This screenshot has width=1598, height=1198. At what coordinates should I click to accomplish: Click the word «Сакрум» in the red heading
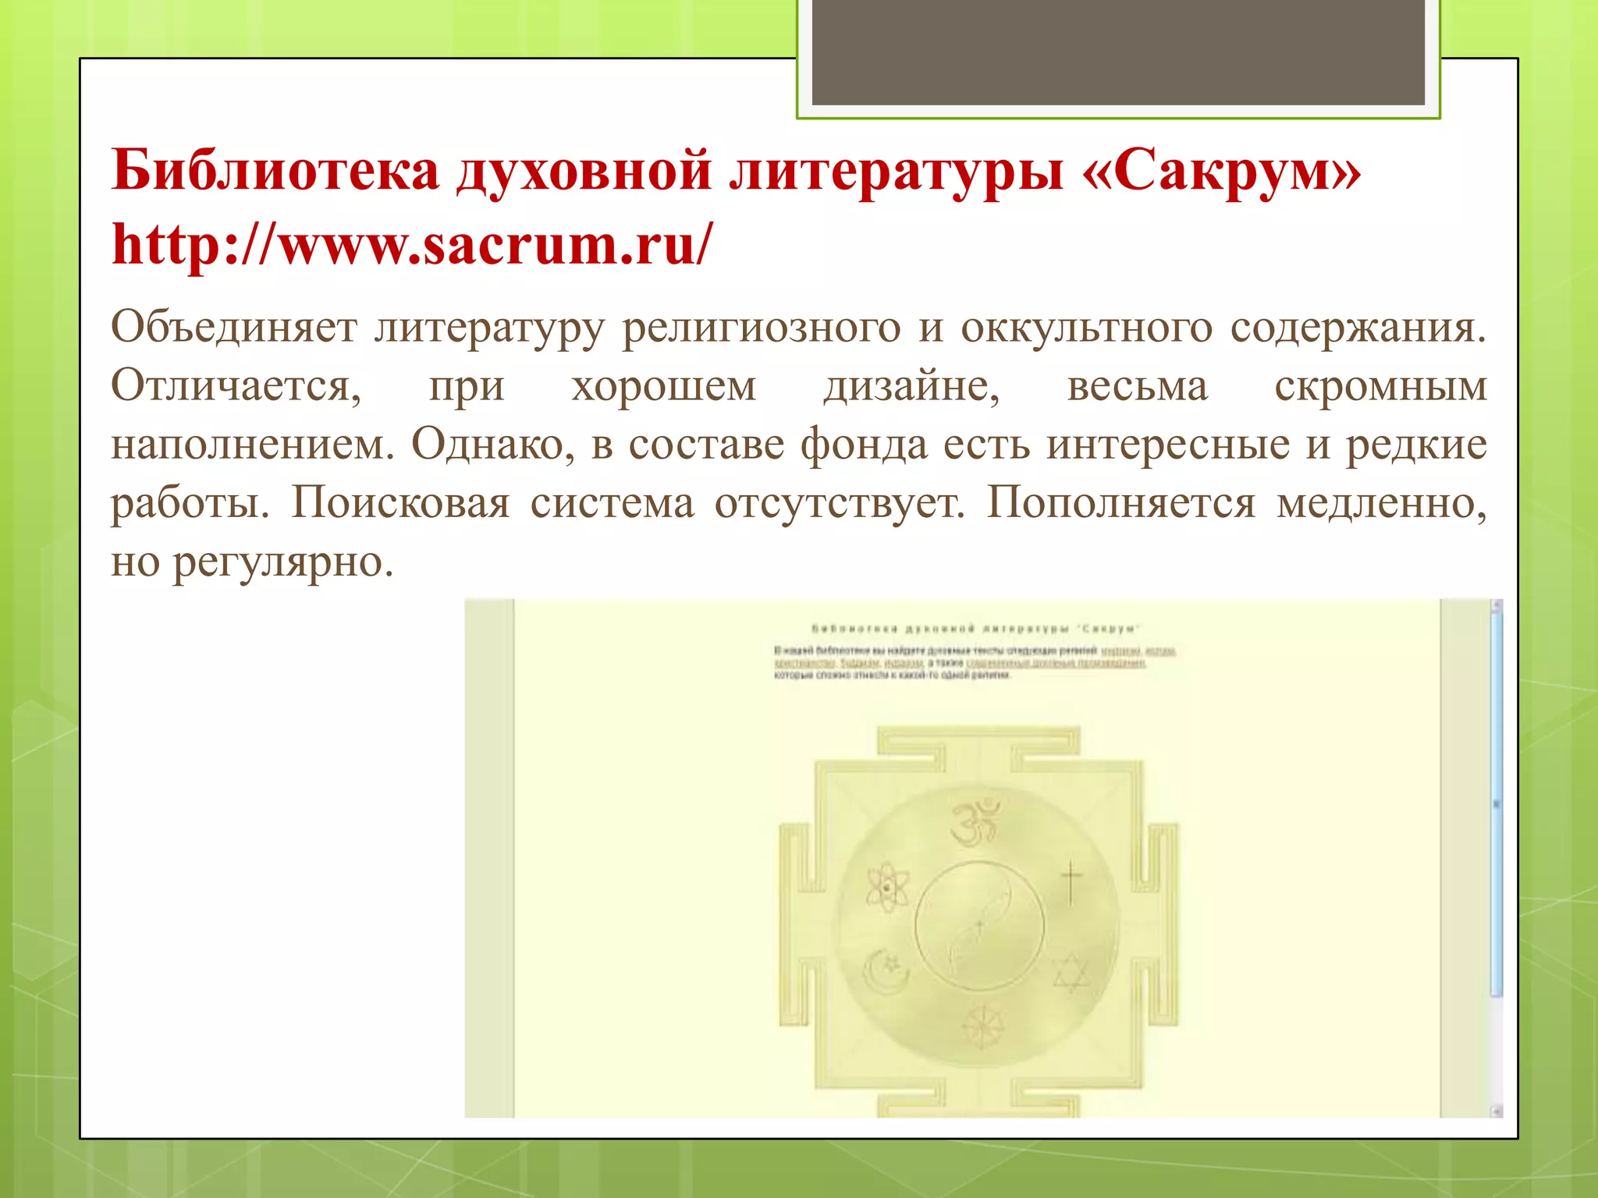point(1221,171)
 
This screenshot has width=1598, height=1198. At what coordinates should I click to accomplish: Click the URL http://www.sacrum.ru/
point(412,244)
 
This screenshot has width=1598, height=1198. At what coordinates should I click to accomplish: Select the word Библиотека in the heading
point(275,171)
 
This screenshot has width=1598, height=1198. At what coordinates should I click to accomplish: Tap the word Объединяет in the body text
point(233,328)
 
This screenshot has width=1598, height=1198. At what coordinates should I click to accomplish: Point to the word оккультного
point(1086,328)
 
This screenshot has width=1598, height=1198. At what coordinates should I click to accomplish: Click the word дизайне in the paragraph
point(911,386)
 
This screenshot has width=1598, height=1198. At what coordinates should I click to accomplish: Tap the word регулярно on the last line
point(282,562)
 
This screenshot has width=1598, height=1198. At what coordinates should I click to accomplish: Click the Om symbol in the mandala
point(975,822)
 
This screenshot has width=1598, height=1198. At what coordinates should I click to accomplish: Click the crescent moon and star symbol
point(887,972)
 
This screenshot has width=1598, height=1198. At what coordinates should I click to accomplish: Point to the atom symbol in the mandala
point(888,888)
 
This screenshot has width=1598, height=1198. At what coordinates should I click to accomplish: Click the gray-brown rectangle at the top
point(1118,51)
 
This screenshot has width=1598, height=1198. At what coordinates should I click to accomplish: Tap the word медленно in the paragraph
point(1381,503)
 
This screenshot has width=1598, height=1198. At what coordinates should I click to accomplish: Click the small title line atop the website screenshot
point(976,629)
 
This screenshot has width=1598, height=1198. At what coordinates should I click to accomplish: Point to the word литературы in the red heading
point(897,171)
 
